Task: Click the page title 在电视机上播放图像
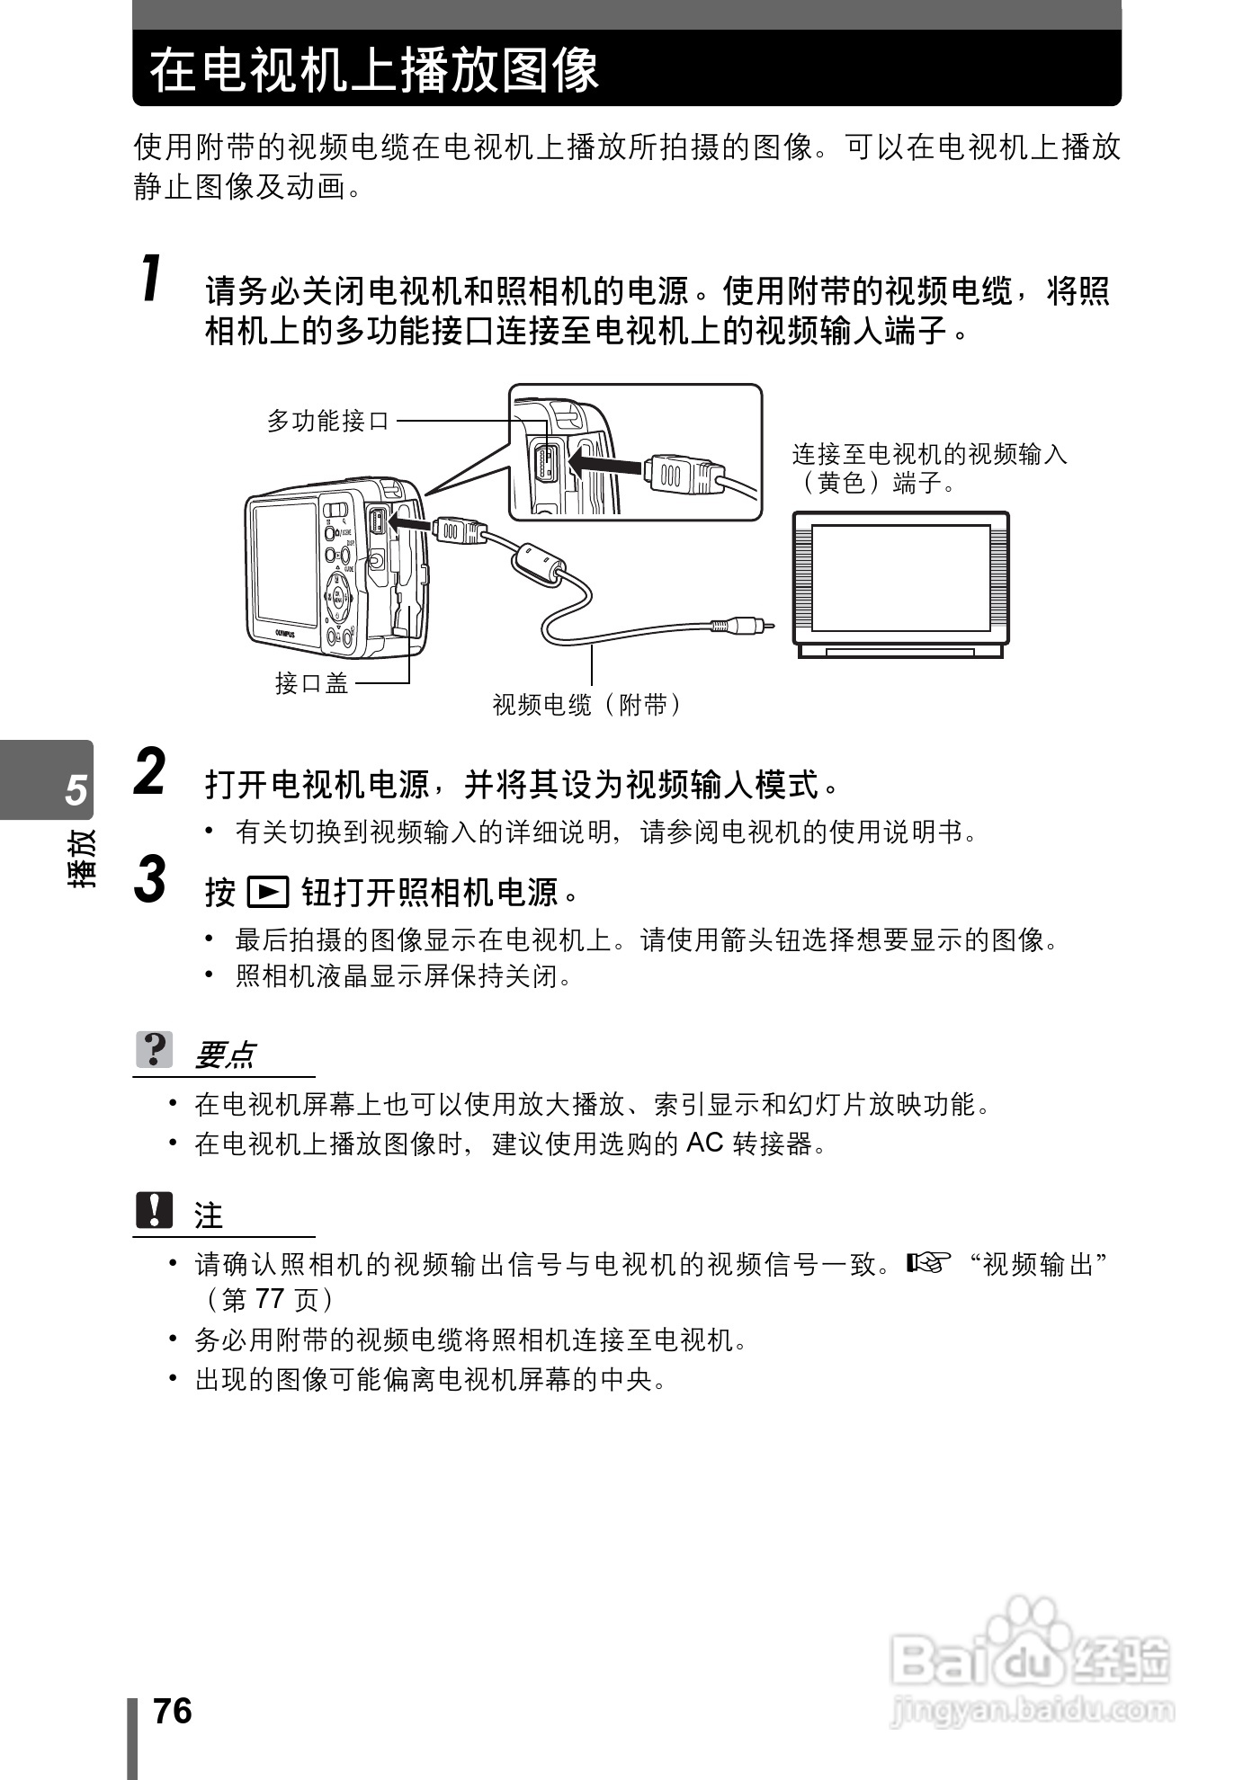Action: (374, 70)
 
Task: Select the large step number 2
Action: (150, 772)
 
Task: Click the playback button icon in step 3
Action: (268, 892)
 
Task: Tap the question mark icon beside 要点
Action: (155, 1049)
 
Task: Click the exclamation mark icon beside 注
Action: (155, 1210)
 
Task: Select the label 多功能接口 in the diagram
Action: (328, 420)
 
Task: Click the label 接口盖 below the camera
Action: (311, 683)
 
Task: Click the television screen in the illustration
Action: (900, 578)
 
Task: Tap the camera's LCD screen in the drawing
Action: (284, 565)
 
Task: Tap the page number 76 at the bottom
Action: (173, 1711)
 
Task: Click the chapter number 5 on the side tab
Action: (76, 789)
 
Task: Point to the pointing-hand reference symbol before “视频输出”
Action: (927, 1263)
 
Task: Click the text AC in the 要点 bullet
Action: (704, 1143)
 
